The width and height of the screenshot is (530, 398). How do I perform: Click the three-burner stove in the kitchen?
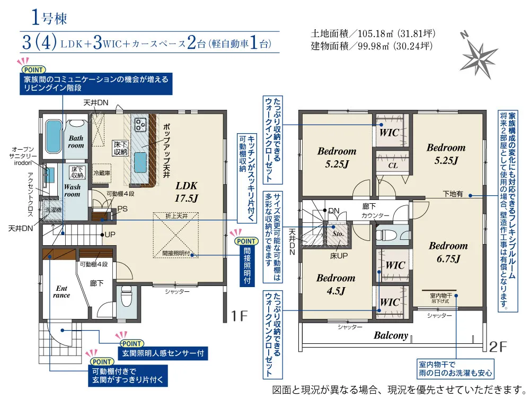tap(140, 125)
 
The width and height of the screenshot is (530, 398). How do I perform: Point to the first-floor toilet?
tap(126, 298)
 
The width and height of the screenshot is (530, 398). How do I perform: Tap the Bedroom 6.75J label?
tap(448, 252)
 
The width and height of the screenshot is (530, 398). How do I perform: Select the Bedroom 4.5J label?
tap(335, 284)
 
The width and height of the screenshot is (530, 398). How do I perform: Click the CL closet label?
tap(393, 165)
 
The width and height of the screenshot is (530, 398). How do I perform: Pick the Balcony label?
tap(391, 335)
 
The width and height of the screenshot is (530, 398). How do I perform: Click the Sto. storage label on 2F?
tap(338, 233)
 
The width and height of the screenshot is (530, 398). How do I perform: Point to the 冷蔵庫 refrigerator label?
tap(102, 174)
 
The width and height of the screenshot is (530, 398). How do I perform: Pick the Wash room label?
tap(72, 191)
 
